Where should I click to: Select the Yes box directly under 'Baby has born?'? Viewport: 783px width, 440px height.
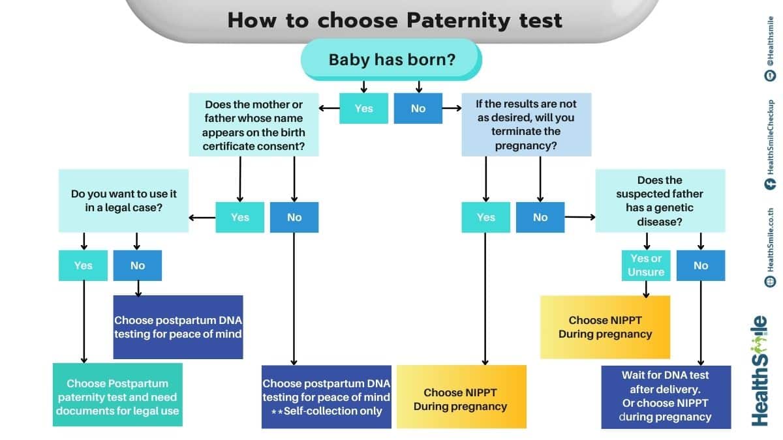(363, 108)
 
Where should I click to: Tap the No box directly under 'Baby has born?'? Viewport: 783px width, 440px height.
(418, 108)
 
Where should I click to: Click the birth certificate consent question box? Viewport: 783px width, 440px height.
(254, 125)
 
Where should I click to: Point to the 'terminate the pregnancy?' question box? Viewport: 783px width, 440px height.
(526, 125)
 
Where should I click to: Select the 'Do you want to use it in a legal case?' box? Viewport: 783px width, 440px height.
(123, 201)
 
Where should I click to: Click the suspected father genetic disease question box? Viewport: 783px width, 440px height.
(660, 201)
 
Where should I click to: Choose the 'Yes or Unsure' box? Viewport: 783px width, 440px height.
(646, 265)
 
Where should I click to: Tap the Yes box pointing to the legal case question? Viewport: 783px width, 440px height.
(240, 217)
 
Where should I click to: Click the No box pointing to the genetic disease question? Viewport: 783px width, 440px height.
(540, 217)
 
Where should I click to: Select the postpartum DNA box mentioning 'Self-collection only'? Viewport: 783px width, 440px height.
(326, 396)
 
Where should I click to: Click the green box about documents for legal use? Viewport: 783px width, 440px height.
(117, 396)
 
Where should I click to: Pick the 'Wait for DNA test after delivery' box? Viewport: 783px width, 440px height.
(666, 396)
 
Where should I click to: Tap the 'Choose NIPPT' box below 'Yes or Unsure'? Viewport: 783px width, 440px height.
(605, 327)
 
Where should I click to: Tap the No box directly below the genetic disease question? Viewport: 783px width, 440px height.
(701, 265)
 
